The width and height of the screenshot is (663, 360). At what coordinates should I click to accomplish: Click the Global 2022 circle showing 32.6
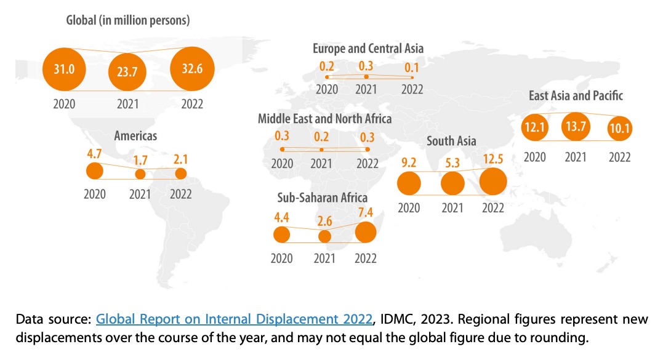(192, 70)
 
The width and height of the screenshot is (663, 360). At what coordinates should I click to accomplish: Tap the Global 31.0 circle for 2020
(64, 70)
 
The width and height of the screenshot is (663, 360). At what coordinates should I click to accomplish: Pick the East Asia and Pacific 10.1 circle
(619, 129)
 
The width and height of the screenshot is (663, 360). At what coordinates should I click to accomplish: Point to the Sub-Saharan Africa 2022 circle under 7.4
(366, 232)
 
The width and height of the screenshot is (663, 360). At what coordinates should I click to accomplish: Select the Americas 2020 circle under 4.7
(95, 170)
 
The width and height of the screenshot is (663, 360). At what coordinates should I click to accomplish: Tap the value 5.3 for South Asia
(452, 164)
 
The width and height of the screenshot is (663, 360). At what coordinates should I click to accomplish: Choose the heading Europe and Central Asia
(368, 49)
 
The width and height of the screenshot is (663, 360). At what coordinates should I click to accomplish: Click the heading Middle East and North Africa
(324, 118)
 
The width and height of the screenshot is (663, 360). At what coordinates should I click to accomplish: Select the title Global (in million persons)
(127, 20)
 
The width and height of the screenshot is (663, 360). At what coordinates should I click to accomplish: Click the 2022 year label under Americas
(180, 194)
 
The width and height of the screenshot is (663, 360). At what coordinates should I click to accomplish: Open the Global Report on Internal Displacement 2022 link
(235, 320)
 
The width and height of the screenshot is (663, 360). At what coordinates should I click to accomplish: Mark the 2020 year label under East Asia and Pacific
(535, 158)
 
